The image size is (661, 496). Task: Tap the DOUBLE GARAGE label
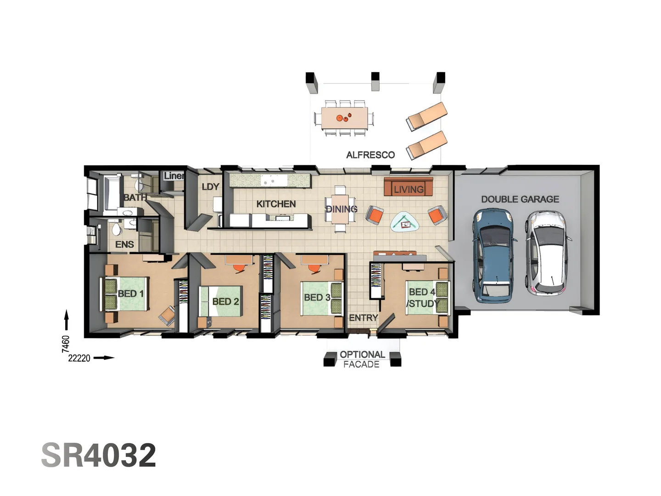(520, 199)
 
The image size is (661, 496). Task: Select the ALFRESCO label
(370, 155)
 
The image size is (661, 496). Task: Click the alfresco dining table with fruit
(344, 118)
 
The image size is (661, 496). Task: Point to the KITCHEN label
(276, 204)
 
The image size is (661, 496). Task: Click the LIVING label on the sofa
(409, 189)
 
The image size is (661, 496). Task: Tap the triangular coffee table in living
(404, 223)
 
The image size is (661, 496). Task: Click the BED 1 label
(130, 293)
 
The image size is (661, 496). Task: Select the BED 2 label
(225, 302)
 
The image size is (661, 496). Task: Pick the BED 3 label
(317, 298)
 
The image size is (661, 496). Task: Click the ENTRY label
(363, 318)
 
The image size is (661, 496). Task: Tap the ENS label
(124, 245)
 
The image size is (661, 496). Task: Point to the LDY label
(210, 187)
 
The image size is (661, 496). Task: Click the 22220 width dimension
(79, 358)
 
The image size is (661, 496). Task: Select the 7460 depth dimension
(66, 344)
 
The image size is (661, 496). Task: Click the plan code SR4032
(99, 455)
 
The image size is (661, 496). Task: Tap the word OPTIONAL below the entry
(362, 355)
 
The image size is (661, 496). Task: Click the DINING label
(341, 209)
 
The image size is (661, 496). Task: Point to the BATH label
(135, 197)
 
